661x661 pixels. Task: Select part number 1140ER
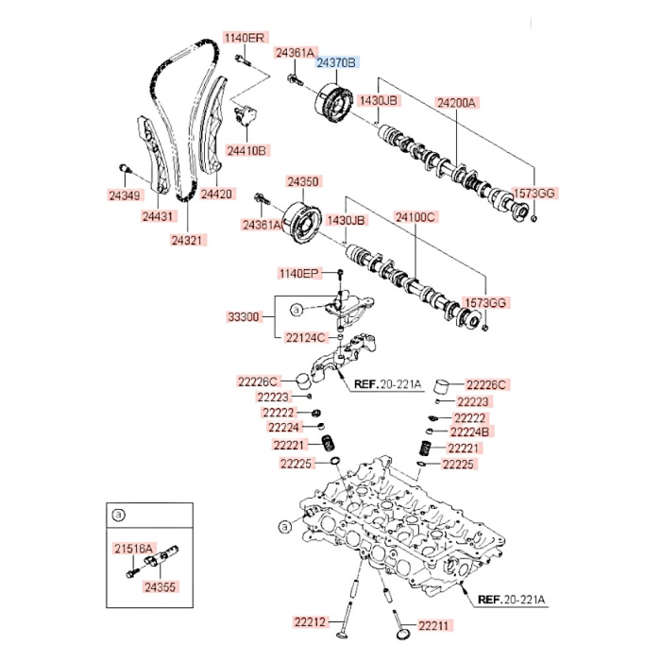tap(245, 38)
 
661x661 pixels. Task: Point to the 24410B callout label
tap(247, 150)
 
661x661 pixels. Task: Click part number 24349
tap(124, 195)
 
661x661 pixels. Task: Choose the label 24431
tap(159, 216)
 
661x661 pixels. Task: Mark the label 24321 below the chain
tap(188, 240)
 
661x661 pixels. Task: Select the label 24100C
tap(415, 218)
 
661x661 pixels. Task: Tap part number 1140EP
tap(299, 273)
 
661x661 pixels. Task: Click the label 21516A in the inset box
tap(130, 548)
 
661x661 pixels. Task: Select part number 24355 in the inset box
tap(161, 586)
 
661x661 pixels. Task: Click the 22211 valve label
tap(436, 624)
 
